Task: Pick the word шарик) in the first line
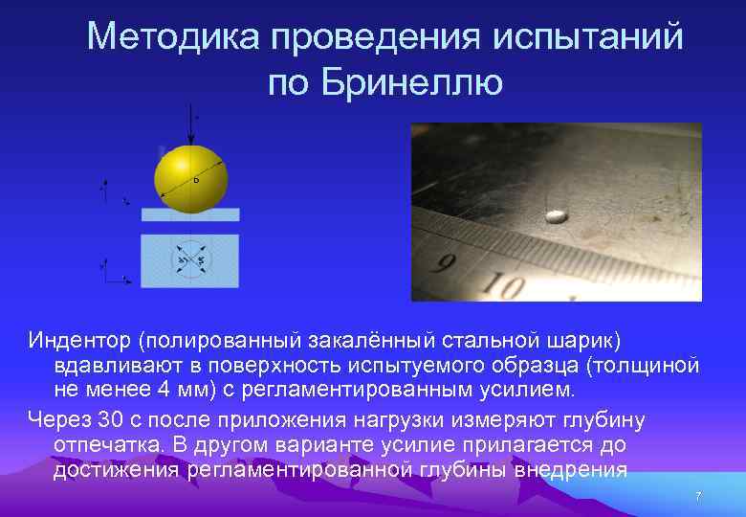pyautogui.click(x=585, y=340)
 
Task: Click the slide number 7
pyautogui.click(x=698, y=497)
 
